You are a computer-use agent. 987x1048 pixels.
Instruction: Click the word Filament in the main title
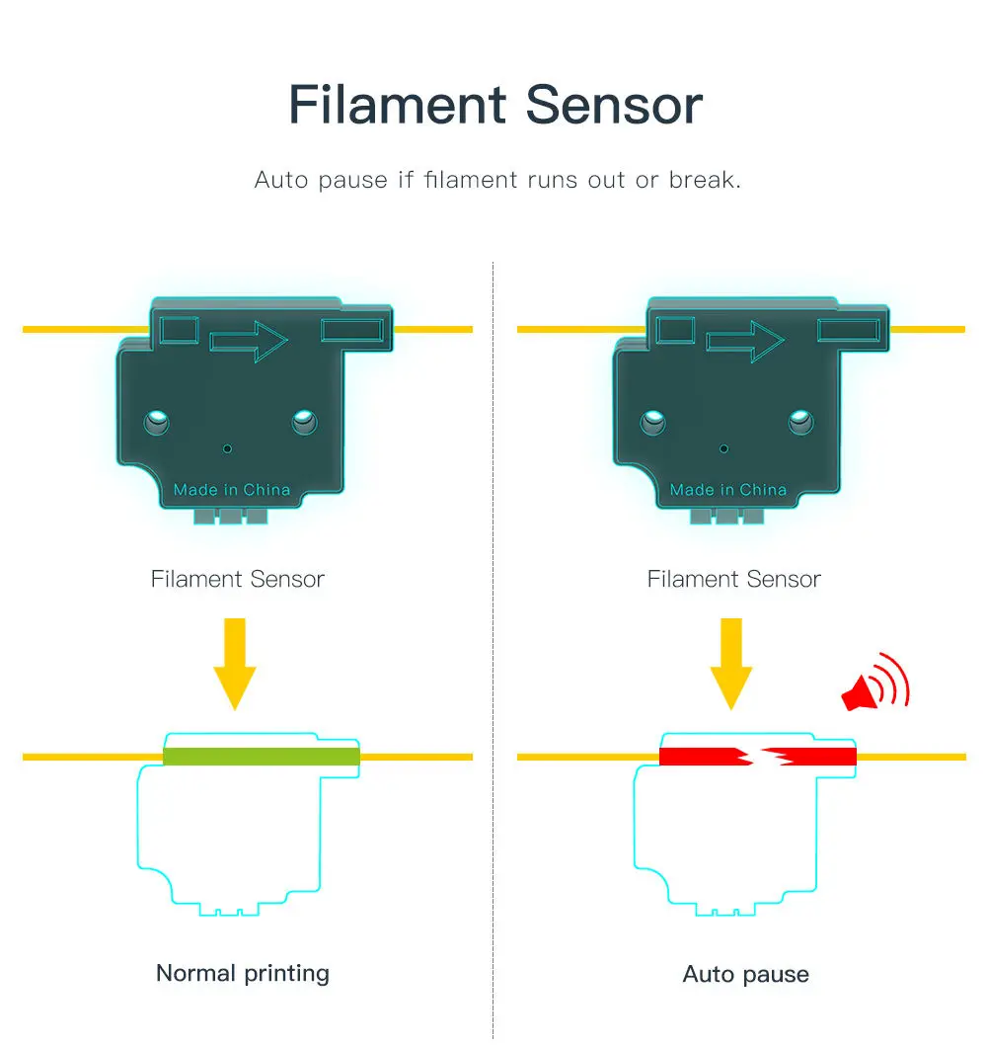pyautogui.click(x=398, y=105)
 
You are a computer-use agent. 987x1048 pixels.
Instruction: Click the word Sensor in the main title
pyautogui.click(x=614, y=105)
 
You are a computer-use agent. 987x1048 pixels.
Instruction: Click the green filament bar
pyautogui.click(x=261, y=757)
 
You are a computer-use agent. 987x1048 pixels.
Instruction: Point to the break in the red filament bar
pyautogui.click(x=758, y=758)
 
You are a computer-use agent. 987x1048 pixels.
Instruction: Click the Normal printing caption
pyautogui.click(x=243, y=973)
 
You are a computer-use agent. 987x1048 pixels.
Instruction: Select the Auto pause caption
pyautogui.click(x=745, y=974)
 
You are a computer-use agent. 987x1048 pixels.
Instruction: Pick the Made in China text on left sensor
pyautogui.click(x=232, y=490)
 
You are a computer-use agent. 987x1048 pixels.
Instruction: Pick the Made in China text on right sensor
pyautogui.click(x=728, y=490)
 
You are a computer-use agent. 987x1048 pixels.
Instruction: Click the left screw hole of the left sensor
pyautogui.click(x=156, y=424)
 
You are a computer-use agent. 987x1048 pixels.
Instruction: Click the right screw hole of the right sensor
pyautogui.click(x=800, y=424)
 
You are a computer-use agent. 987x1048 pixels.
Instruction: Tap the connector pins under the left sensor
pyautogui.click(x=231, y=517)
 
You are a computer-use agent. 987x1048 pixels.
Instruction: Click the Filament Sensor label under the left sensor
pyautogui.click(x=237, y=580)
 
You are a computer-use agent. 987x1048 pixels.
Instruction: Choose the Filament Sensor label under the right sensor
pyautogui.click(x=733, y=580)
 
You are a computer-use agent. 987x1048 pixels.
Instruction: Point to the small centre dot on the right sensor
pyautogui.click(x=724, y=449)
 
